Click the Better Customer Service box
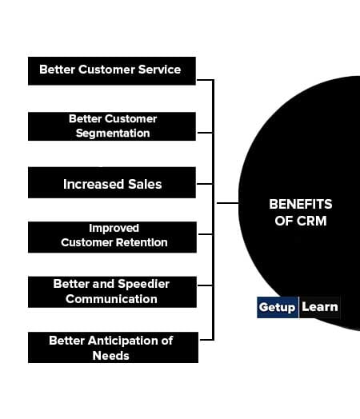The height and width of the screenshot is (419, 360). [x=112, y=71]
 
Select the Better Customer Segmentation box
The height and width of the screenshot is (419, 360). [x=112, y=126]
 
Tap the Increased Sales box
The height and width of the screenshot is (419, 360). [x=112, y=182]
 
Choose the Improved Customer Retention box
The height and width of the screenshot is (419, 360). [x=112, y=237]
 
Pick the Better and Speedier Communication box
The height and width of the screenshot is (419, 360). [x=112, y=292]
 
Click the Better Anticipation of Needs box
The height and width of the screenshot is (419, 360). [x=113, y=347]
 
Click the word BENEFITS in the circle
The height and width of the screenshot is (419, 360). [x=301, y=204]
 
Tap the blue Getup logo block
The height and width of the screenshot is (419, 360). [x=278, y=307]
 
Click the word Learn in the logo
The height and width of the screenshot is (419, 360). [x=320, y=307]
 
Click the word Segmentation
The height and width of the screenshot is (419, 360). [x=113, y=133]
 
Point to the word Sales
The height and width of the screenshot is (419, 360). [x=145, y=184]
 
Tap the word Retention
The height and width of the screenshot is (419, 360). [x=142, y=242]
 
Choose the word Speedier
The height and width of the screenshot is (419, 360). [x=144, y=284]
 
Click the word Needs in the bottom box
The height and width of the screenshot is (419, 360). [x=111, y=356]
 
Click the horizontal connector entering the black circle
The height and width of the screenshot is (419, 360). [x=227, y=203]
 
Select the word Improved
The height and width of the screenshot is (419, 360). [x=114, y=229]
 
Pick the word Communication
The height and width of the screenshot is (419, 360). [x=111, y=299]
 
